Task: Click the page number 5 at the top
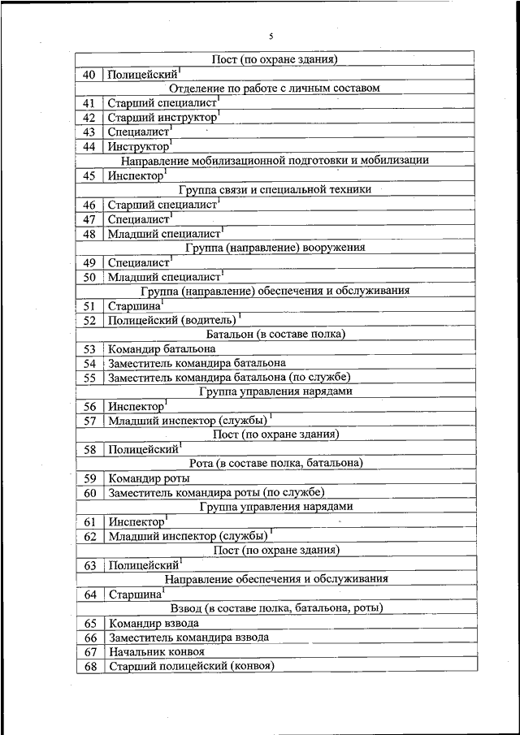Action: point(272,37)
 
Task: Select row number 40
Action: point(89,75)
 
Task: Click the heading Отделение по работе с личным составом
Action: point(275,89)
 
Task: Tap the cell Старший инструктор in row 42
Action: point(162,118)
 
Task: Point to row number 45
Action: point(89,175)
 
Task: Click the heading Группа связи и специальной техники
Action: point(275,189)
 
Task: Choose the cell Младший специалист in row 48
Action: point(165,234)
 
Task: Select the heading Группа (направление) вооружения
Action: point(275,247)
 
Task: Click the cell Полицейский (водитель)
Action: point(171,321)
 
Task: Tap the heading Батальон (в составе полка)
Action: point(275,334)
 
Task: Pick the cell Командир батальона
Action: point(162,348)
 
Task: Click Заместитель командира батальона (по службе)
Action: point(229,378)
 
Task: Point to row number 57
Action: point(89,421)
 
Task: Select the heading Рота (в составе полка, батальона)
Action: point(275,463)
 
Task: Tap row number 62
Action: point(89,536)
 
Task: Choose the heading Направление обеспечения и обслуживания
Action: point(275,579)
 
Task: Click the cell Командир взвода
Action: point(154,623)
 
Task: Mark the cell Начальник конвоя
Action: point(156,651)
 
